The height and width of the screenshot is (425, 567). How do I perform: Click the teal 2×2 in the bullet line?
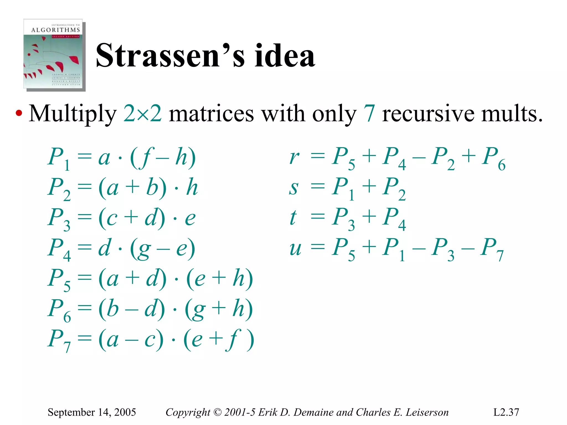(x=142, y=114)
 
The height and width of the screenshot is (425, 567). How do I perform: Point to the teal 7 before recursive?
(x=370, y=114)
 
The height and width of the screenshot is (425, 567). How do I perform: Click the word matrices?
(x=211, y=114)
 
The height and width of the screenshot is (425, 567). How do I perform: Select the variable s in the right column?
(x=294, y=188)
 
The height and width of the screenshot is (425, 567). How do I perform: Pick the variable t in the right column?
(x=293, y=218)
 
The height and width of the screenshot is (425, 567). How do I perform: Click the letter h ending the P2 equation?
(x=192, y=187)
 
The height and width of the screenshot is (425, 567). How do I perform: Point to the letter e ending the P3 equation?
(x=190, y=218)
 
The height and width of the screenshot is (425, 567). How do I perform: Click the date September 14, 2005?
(x=92, y=412)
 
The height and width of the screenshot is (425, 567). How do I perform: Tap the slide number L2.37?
(x=506, y=412)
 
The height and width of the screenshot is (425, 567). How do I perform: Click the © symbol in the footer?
(x=218, y=412)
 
